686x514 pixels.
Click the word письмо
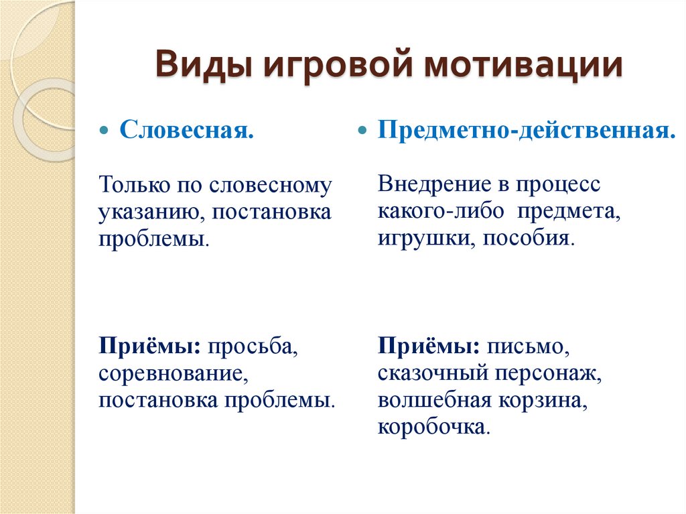(529, 346)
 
